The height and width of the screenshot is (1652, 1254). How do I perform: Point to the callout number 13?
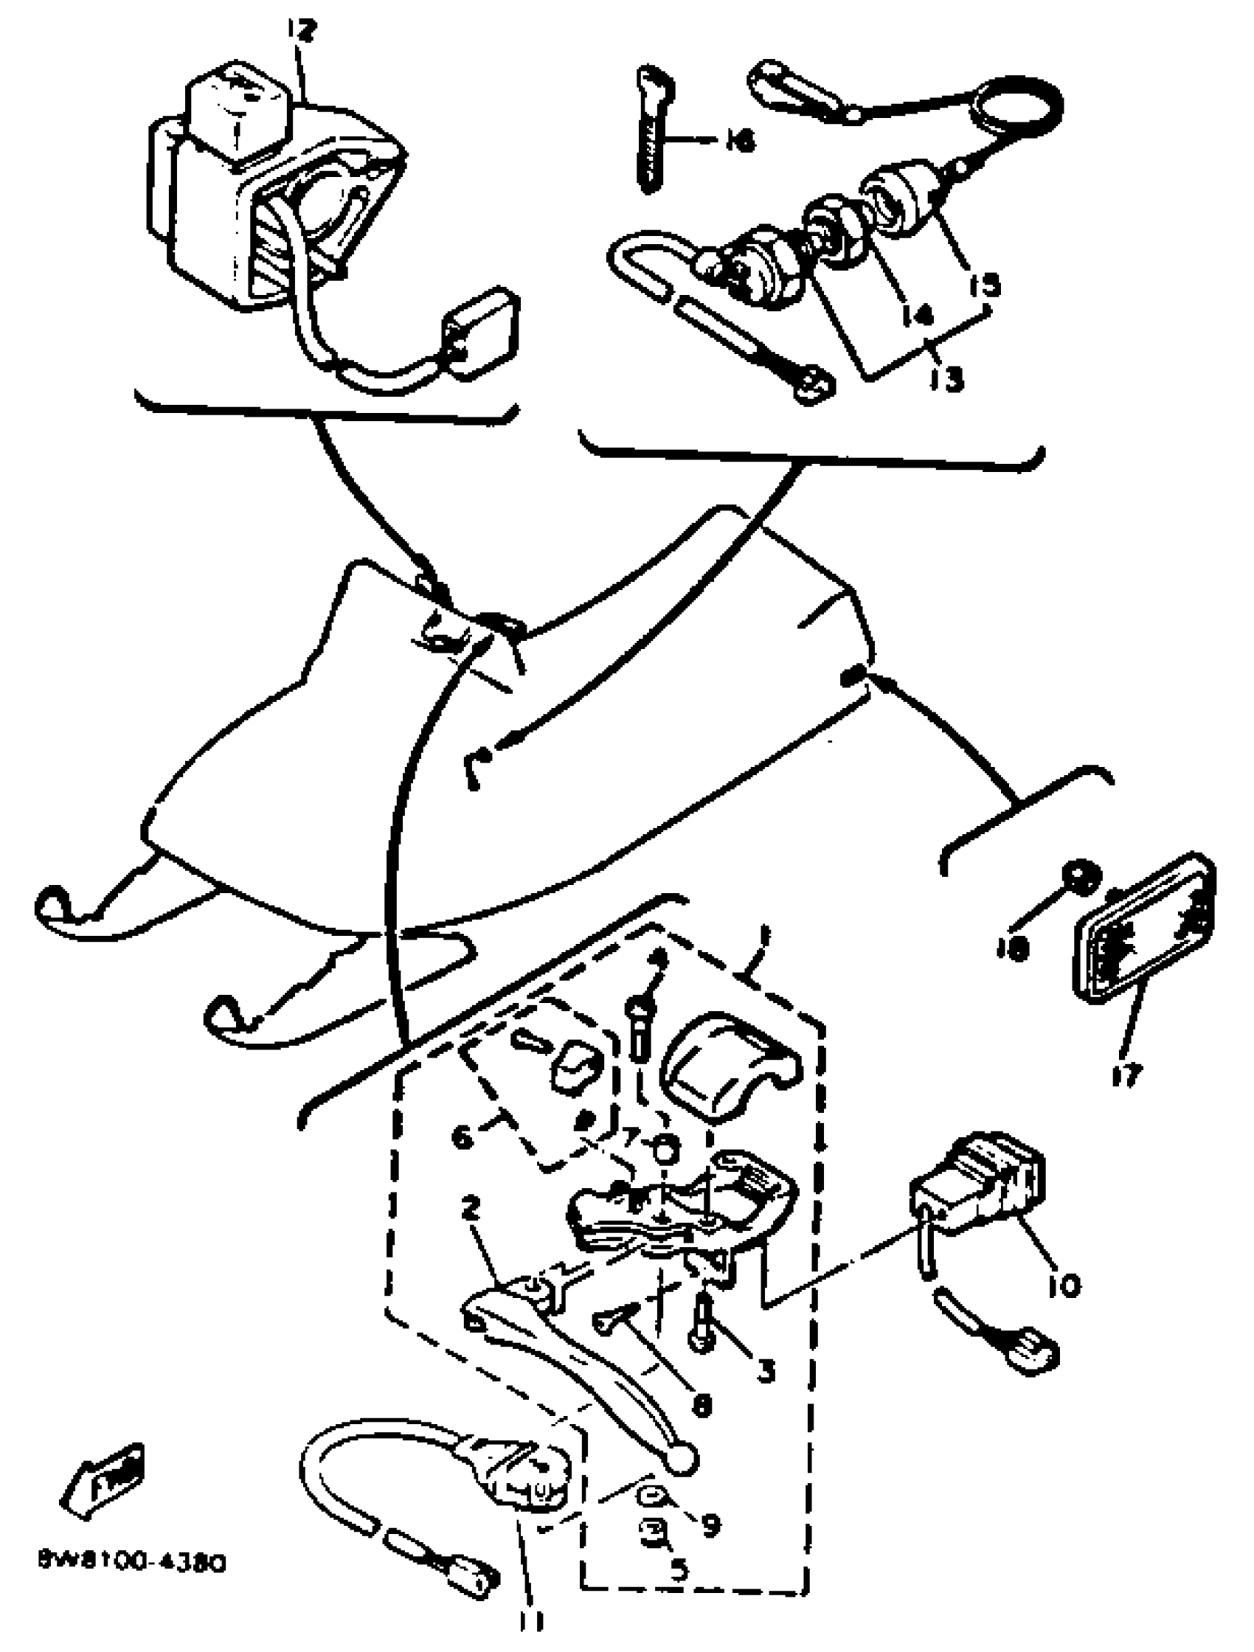(946, 379)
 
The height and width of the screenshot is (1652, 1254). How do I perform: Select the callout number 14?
(916, 315)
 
